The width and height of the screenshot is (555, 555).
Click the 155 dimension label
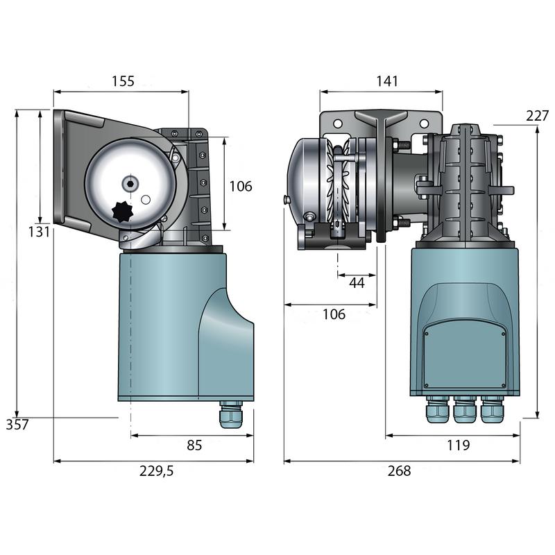pos(122,80)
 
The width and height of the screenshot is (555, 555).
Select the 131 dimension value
pos(38,232)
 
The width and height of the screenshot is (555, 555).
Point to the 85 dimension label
pos(194,445)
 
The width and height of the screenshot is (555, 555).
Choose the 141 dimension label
pos(387,80)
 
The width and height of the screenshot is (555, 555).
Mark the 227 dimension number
pos(537,116)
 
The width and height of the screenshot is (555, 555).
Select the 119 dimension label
pos(458,445)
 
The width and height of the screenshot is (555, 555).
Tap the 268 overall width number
pos(399,471)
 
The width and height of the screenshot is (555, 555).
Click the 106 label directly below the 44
pos(334,314)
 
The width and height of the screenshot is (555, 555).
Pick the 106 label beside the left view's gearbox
pos(241,186)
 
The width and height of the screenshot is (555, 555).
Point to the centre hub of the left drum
pos(130,184)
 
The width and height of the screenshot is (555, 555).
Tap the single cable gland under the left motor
pos(229,416)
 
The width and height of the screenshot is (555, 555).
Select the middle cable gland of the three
pos(463,412)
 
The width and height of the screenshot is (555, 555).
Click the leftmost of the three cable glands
pos(435,412)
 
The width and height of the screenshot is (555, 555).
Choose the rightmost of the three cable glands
pos(490,412)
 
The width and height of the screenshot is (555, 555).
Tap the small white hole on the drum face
pos(146,200)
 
